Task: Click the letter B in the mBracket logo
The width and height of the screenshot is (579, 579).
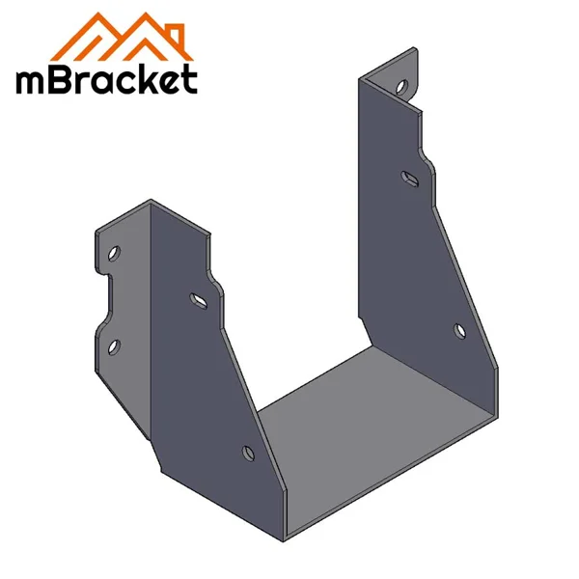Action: click(64, 79)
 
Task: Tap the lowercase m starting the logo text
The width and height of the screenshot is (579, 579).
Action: click(33, 81)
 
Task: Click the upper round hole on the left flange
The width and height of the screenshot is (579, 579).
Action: click(114, 253)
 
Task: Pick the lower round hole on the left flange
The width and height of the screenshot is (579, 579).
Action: click(113, 345)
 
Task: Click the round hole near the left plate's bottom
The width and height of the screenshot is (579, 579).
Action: click(247, 451)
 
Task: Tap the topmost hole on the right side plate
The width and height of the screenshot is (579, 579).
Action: click(400, 87)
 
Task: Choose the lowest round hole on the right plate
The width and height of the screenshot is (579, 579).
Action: click(459, 332)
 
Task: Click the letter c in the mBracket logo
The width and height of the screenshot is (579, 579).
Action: click(124, 81)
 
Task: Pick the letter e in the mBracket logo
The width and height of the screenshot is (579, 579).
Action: click(168, 81)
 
